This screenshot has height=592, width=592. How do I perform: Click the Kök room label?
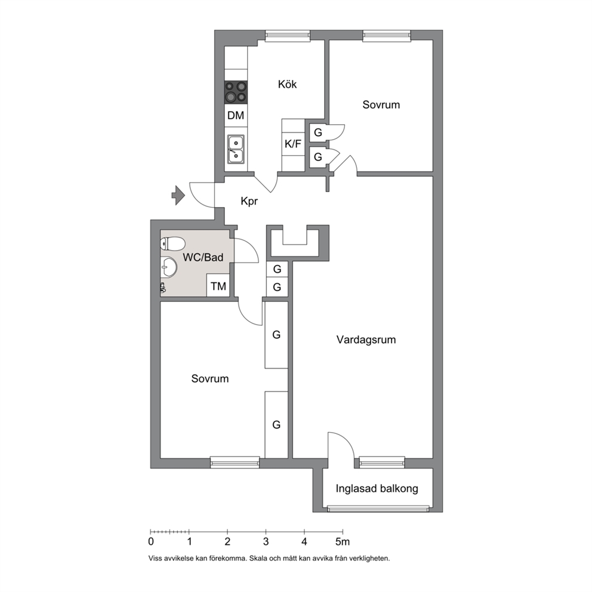287,84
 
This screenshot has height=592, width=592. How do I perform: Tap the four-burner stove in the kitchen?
236,92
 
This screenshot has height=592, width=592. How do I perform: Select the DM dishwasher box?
236,115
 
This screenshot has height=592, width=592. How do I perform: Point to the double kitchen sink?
236,150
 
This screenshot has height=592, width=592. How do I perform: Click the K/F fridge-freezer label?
293,144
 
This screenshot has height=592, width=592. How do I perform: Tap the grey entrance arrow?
178,195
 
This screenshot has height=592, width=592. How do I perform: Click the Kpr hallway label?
249,201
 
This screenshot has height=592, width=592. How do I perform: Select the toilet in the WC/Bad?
172,243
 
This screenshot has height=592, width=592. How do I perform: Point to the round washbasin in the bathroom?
168,267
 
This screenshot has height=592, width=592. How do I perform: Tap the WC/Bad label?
203,257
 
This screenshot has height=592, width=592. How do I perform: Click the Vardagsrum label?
366,340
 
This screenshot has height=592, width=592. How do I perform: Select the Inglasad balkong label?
377,489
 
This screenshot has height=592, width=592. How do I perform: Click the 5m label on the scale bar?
343,542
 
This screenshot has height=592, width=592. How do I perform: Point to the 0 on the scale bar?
151,542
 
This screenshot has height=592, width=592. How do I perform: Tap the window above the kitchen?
288,35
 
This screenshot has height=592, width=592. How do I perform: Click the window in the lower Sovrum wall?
235,462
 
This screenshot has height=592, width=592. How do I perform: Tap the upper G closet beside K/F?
318,132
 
